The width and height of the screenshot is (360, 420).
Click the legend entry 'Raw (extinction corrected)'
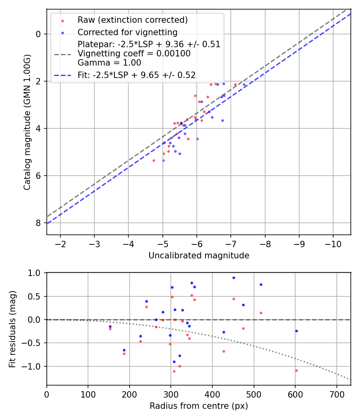pos(132,20)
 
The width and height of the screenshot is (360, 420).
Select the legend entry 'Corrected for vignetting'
pos(128,32)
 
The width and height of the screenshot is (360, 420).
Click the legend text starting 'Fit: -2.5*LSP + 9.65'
pos(136,75)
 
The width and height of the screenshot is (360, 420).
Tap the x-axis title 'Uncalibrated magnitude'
pos(199,256)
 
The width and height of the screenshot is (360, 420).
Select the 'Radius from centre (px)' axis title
pos(199,406)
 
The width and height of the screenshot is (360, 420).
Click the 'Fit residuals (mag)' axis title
pos(13,329)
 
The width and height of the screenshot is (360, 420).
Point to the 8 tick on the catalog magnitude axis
pos(38,223)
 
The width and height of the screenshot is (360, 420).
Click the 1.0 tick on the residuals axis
pos(35,273)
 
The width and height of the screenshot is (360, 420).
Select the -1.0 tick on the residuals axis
pos(33,366)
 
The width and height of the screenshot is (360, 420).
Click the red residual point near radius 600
pos(296,370)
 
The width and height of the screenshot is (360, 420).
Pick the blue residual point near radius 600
pos(296,331)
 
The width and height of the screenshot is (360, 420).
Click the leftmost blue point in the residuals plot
pos(110,326)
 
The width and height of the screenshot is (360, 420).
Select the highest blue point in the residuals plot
pos(234,278)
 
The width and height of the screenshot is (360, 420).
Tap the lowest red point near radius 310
pos(174,371)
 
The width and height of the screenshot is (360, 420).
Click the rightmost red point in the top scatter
pos(235,84)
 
